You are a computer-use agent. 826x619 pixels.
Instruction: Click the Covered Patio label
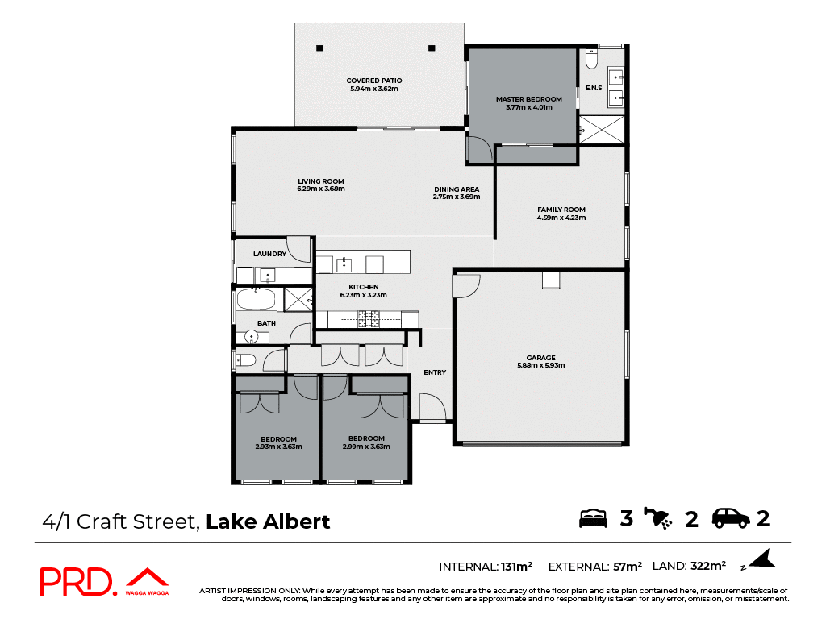click(373, 81)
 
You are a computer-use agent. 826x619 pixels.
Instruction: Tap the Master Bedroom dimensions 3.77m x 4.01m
click(528, 107)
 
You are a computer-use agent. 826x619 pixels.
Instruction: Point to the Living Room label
click(320, 181)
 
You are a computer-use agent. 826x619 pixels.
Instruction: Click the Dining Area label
click(456, 189)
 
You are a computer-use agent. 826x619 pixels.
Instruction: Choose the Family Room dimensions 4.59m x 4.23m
click(561, 218)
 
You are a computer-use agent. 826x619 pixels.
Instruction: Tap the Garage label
click(540, 358)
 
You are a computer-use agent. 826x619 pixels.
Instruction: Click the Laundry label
click(269, 254)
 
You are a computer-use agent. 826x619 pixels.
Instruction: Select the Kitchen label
click(363, 287)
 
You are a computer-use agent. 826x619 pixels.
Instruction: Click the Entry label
click(435, 372)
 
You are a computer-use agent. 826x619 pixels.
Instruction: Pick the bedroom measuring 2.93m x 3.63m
click(278, 442)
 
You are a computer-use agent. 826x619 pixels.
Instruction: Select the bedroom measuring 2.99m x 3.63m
click(363, 442)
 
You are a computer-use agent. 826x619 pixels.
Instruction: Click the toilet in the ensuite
click(591, 60)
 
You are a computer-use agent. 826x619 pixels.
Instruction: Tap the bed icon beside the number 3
click(593, 518)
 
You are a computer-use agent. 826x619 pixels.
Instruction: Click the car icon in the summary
click(731, 518)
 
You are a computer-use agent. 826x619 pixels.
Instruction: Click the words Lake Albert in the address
click(268, 521)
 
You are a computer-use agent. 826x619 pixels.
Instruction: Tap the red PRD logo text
click(77, 582)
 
